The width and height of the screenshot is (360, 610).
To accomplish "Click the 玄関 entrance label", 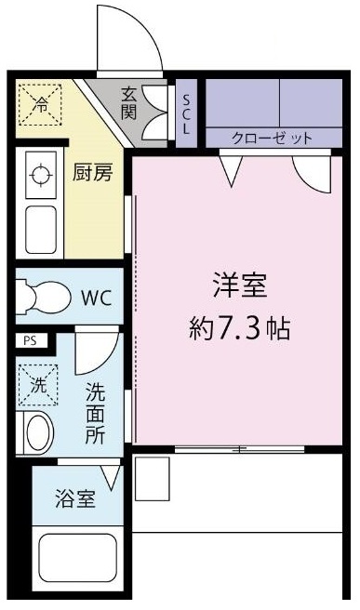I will pyautogui.click(x=129, y=103).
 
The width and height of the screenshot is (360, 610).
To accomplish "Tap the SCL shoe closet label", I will pyautogui.click(x=186, y=114).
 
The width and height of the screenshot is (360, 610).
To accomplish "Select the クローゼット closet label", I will pyautogui.click(x=273, y=138).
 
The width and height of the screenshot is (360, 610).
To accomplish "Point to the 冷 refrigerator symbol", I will pyautogui.click(x=40, y=104).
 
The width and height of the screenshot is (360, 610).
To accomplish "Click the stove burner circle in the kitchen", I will pyautogui.click(x=40, y=174).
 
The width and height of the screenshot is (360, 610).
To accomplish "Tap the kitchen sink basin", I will pyautogui.click(x=40, y=229).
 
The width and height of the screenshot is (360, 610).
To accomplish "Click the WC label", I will pyautogui.click(x=96, y=298).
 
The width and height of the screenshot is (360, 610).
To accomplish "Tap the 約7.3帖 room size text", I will pyautogui.click(x=240, y=328).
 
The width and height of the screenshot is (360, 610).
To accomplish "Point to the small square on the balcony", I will pyautogui.click(x=153, y=478).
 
